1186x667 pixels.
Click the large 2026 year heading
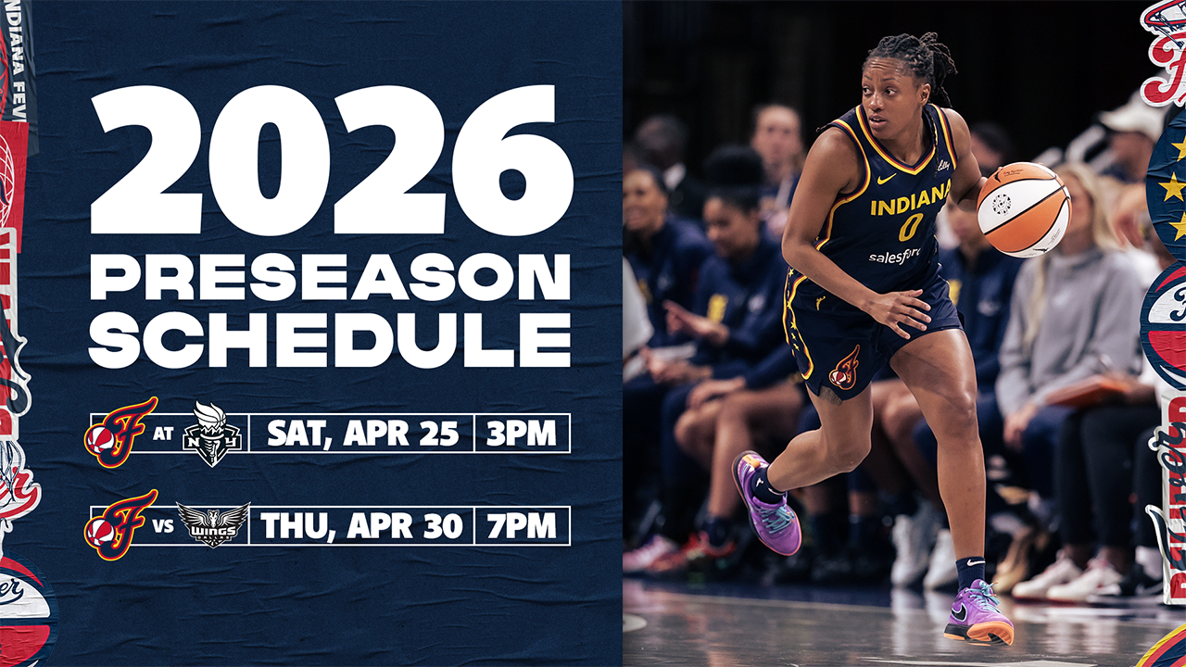332,161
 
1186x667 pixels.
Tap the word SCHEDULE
331,340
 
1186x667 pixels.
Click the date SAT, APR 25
363,434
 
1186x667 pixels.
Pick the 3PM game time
522,433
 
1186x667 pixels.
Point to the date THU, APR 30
361,526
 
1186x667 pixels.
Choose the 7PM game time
522,525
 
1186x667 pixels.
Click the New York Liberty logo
212,434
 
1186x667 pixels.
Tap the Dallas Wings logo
213,524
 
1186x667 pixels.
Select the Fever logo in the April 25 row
120,432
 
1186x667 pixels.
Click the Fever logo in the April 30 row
120,524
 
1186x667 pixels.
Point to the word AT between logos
163,434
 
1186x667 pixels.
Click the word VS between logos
163,527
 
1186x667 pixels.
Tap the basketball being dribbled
1024,209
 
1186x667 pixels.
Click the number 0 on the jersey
910,227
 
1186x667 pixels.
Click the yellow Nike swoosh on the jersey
886,179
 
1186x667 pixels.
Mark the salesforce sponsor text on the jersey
895,257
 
